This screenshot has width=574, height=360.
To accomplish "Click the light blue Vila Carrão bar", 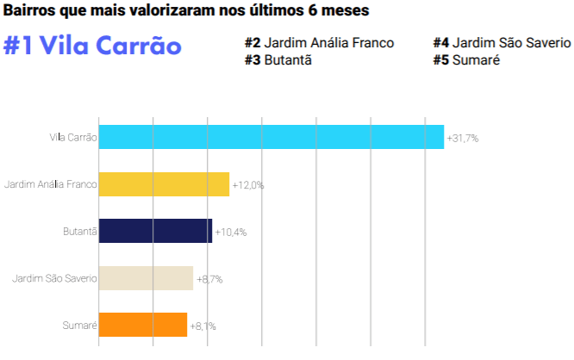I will [x=271, y=138].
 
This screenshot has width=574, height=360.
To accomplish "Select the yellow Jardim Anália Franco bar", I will [x=164, y=184].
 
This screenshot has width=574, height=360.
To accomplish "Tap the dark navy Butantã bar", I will [x=155, y=232].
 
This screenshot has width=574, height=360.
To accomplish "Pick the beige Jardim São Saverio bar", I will [x=146, y=278].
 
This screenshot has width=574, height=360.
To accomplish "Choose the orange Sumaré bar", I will [x=143, y=325].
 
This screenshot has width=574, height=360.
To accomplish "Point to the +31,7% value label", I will [x=463, y=138].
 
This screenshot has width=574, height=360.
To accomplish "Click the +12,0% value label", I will [x=248, y=185].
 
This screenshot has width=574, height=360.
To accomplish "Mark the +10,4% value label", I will [x=231, y=233].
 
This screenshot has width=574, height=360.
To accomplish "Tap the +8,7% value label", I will [x=211, y=279].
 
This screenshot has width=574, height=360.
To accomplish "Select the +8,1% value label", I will [x=203, y=326].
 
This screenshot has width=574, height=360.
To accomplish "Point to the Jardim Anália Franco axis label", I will [x=50, y=184].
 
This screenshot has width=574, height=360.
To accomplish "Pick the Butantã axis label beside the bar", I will [x=79, y=232].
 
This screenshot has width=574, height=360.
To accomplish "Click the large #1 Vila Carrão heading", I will [x=92, y=46].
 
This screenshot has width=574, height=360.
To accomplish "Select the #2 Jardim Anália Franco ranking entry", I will [x=319, y=43].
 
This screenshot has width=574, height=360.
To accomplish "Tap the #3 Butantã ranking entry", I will [x=278, y=59].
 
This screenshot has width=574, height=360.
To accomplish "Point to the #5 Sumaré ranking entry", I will [x=466, y=59].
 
